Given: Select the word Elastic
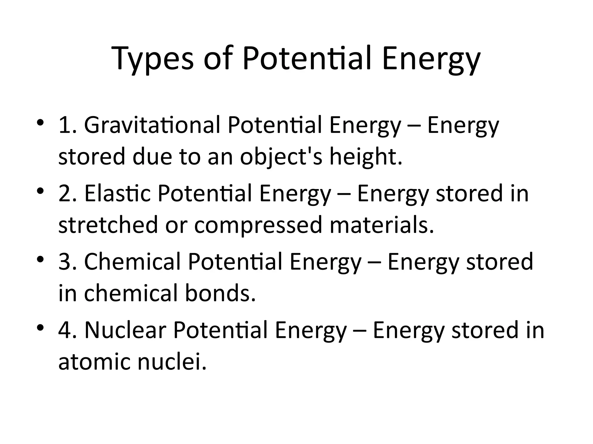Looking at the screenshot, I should tap(118, 194).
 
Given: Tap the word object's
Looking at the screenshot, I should tap(281, 157).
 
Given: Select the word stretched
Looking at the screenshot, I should tap(108, 225).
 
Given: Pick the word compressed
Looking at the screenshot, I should tap(258, 225).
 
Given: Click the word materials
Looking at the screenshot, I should tap(382, 225).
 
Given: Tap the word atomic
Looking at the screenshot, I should tap(94, 362).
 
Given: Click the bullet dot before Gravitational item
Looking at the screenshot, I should tap(40, 123).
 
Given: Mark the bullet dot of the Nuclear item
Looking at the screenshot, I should tap(40, 328).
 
